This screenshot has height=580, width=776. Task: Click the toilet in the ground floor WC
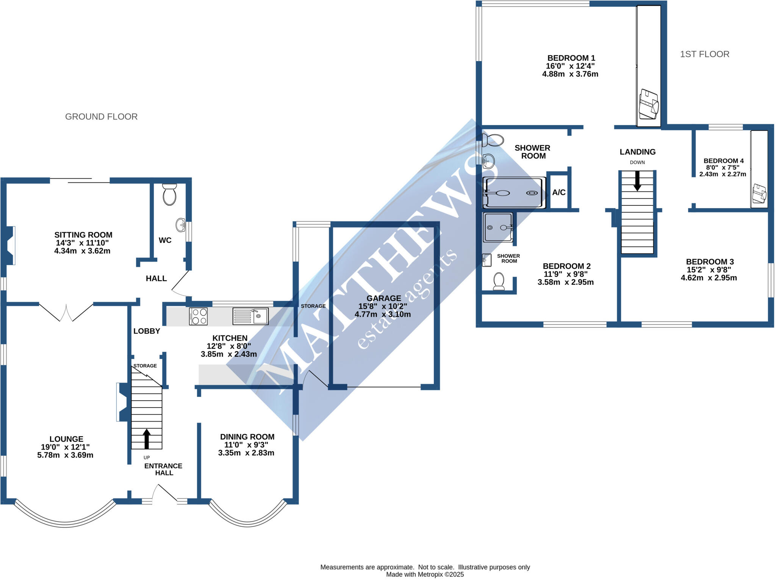click(169, 194)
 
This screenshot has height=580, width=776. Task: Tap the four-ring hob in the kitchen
click(198, 317)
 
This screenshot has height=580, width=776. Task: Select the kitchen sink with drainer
click(250, 316)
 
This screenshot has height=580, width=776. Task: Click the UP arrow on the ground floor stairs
click(147, 439)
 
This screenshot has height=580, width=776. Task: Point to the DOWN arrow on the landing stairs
click(637, 181)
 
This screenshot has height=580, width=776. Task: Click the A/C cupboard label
click(559, 193)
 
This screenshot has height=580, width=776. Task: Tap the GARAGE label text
click(383, 298)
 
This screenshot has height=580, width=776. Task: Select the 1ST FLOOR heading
click(704, 54)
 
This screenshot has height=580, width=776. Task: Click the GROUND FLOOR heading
click(101, 117)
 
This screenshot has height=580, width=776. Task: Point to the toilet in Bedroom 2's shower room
click(499, 281)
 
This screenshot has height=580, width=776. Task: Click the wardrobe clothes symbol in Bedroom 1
click(649, 104)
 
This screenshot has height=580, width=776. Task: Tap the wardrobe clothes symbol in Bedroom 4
click(759, 193)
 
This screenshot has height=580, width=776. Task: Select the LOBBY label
click(147, 331)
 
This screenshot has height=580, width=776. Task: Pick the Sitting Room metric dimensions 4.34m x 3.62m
click(82, 251)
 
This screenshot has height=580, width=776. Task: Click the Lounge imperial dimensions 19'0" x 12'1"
click(65, 447)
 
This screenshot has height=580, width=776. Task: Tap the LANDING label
click(638, 152)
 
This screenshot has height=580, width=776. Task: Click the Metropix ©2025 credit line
click(425, 574)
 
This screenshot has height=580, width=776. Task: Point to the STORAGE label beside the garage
click(313, 306)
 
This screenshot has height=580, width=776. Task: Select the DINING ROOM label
click(247, 437)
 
